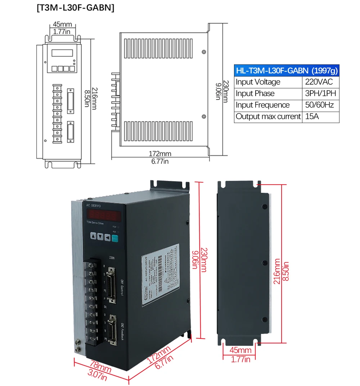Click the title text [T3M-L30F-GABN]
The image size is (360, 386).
click(x=75, y=8)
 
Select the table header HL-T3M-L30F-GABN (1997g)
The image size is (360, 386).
click(x=287, y=70)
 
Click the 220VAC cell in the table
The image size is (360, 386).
click(x=319, y=82)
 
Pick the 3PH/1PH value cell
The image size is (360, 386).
click(x=320, y=94)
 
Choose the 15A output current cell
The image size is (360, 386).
click(x=312, y=117)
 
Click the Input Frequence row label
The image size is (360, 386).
click(x=262, y=105)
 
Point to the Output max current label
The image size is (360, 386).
click(x=268, y=117)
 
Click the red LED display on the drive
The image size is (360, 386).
click(x=103, y=216)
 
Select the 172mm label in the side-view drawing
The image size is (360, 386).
click(x=160, y=154)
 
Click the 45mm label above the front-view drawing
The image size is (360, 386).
click(x=62, y=24)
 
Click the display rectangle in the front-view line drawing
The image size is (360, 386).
click(x=62, y=53)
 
